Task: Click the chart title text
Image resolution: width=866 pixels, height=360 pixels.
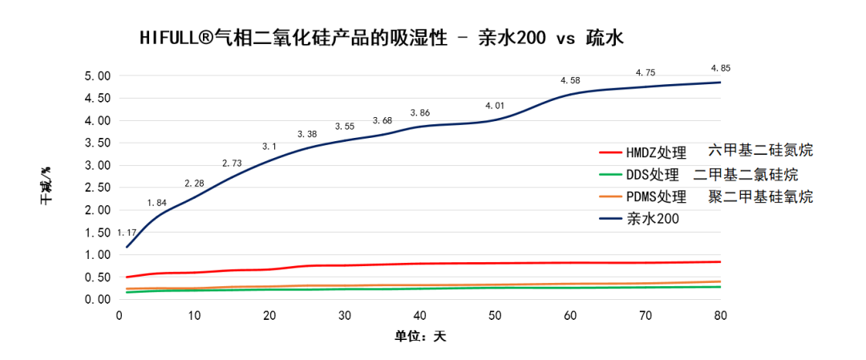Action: tap(380, 38)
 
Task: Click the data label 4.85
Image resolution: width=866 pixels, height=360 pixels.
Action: tap(720, 67)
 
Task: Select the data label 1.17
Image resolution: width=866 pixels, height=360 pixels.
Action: tap(127, 233)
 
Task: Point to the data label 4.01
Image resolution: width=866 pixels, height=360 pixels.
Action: tap(495, 106)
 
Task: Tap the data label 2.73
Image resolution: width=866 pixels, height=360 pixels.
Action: tap(232, 164)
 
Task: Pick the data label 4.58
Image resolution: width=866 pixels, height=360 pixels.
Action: tap(570, 81)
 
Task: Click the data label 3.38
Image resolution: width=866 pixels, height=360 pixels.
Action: tap(307, 134)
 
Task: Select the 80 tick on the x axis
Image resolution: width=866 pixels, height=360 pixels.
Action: tap(720, 316)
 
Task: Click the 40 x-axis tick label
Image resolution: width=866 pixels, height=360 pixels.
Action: tap(419, 316)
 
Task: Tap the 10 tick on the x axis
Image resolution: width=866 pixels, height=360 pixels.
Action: tap(194, 316)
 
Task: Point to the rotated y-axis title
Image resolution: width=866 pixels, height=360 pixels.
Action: tap(47, 187)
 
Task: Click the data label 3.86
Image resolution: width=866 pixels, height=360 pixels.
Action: tap(419, 113)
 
